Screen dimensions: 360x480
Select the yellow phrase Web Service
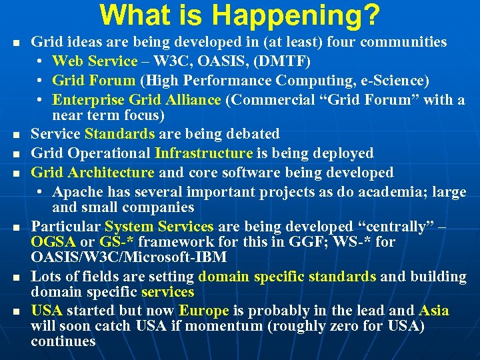click(x=94, y=61)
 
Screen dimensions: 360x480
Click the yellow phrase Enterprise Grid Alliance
click(x=136, y=100)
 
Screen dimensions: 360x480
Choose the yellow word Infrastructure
click(x=203, y=153)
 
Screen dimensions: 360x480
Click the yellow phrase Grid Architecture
click(x=92, y=173)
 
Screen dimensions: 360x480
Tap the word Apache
click(x=76, y=192)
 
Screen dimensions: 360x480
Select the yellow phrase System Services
click(x=159, y=227)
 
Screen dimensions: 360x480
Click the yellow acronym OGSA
click(x=53, y=241)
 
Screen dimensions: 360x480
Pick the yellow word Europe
click(x=203, y=311)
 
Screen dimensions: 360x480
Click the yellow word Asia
click(x=433, y=311)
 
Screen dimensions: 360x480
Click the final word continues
click(x=63, y=341)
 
